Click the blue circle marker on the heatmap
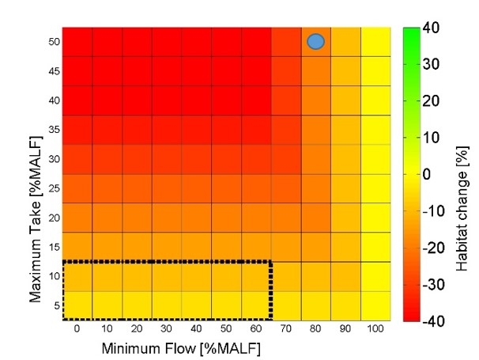pos(316,42)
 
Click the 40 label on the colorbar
pos(432,28)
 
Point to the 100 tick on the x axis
pos(375,328)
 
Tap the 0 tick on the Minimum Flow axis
pos(77,328)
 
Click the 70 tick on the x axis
pos(286,328)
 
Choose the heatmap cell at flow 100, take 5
pos(375,305)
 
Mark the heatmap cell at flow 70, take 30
pos(286,159)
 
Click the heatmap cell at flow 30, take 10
pos(167,276)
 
